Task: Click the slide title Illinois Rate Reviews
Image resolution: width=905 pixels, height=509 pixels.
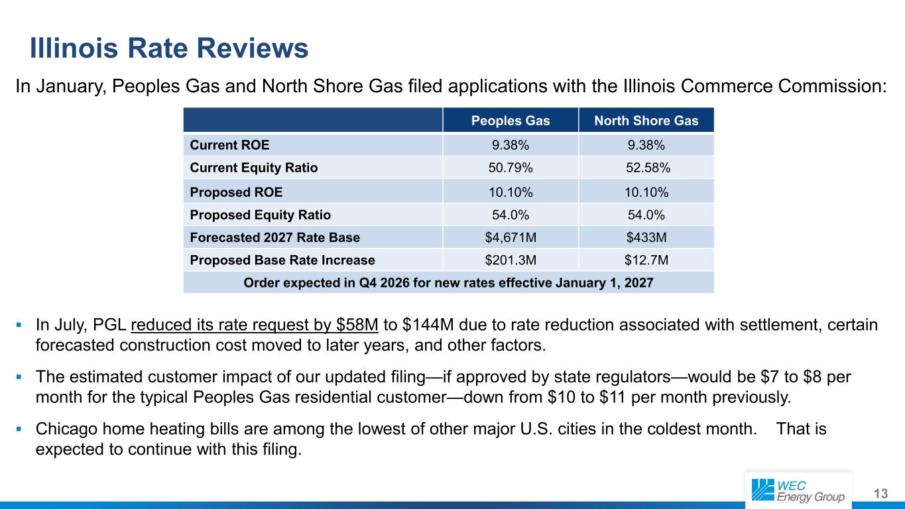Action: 169,48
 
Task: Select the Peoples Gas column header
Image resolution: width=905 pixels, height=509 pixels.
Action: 511,121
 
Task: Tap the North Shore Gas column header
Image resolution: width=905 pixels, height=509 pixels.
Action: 646,121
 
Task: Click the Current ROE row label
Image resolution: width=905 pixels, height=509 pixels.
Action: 229,145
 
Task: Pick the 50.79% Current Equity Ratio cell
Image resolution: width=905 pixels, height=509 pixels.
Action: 511,168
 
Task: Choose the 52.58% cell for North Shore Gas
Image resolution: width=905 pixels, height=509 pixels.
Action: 648,168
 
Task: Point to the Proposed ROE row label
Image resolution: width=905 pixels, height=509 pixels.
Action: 236,192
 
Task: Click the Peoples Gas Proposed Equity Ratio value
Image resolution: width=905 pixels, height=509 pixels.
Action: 511,215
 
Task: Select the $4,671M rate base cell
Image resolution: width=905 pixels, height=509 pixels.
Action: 511,237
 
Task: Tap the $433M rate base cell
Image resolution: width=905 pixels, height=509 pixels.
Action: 646,237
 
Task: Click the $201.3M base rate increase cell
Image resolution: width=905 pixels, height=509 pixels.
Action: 511,260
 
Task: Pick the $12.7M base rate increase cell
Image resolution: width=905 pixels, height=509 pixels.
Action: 646,260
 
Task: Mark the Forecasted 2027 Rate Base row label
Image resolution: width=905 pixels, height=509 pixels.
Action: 274,237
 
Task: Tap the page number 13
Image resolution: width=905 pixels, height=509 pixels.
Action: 880,494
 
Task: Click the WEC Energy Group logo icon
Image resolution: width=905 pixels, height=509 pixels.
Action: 762,490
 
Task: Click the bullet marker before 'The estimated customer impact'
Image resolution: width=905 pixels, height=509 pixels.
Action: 19,377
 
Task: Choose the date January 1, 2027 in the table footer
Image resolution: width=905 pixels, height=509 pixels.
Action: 605,283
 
